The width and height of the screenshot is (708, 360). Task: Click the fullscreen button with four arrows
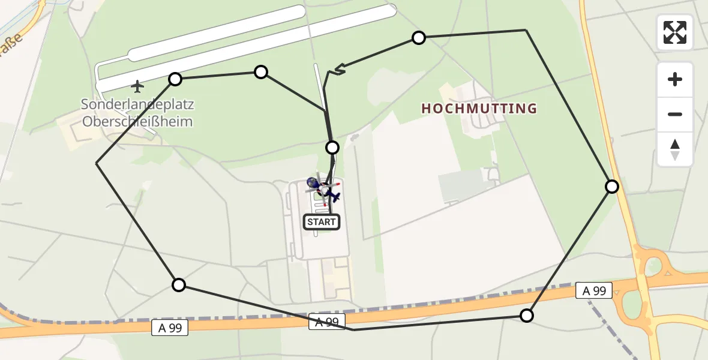click(x=675, y=32)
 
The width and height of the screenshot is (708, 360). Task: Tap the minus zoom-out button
click(x=675, y=114)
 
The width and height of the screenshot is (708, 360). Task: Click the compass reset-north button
click(x=675, y=149)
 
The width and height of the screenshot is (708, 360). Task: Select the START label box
click(x=322, y=222)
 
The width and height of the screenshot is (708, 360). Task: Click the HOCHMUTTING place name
click(x=479, y=109)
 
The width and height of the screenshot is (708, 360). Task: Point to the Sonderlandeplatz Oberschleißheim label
click(x=137, y=113)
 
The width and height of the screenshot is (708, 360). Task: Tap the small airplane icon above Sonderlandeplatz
click(x=137, y=87)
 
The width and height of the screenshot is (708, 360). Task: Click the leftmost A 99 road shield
click(x=170, y=328)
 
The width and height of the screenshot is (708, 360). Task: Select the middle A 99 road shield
click(x=327, y=322)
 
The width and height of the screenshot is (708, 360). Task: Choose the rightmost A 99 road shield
click(x=594, y=291)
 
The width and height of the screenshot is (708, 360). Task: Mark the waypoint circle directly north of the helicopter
click(x=332, y=147)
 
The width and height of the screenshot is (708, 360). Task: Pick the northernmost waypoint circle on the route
click(x=419, y=38)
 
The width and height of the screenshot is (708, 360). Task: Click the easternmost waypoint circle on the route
click(x=611, y=187)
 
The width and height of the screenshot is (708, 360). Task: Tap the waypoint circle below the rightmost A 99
click(x=526, y=316)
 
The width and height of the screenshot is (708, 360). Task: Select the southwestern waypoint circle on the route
click(x=179, y=285)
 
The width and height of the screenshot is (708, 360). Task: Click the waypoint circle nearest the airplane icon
click(x=175, y=79)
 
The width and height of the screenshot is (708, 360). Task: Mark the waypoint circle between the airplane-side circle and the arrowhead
click(x=261, y=72)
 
